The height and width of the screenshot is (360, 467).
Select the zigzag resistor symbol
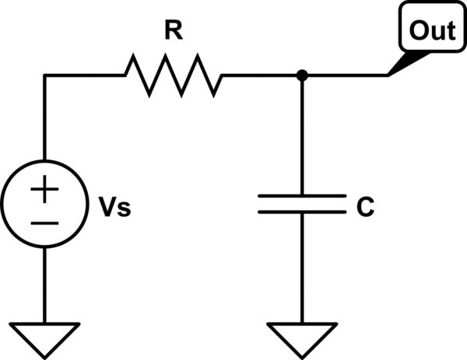coord(173,75)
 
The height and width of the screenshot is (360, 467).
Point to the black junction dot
coord(301,75)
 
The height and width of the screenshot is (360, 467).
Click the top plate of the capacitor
coord(301,197)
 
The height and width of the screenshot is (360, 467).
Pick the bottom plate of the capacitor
coord(301,211)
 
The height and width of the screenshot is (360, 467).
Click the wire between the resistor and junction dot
coord(261,75)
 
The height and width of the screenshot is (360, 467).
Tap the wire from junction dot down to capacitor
coord(301,136)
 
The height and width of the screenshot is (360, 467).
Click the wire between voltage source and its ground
coord(45,283)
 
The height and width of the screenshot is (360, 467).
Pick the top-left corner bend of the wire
coord(45,75)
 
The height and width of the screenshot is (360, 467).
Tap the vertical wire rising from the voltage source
coord(45,124)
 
